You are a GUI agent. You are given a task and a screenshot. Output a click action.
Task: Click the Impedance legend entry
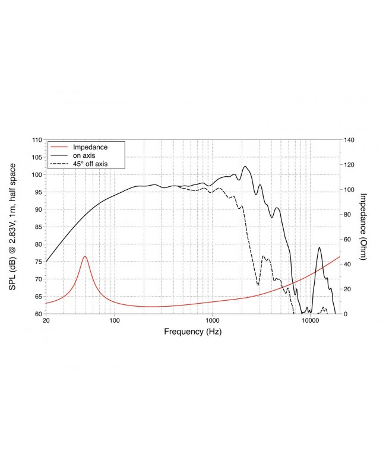point(89,147)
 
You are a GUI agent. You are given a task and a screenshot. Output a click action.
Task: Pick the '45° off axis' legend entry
point(90,163)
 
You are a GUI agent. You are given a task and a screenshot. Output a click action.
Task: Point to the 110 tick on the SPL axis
point(37,140)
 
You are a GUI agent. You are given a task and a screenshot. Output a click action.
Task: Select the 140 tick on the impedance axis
point(350,140)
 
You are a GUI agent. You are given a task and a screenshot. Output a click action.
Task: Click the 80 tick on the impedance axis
point(348,215)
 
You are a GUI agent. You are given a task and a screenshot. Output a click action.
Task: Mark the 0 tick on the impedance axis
point(346,314)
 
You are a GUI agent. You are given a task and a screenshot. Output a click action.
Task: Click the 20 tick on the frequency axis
point(46,322)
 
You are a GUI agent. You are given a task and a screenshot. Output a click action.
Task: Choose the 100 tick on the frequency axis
point(115,322)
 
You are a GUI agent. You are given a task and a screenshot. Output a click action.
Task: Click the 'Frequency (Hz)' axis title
point(192,332)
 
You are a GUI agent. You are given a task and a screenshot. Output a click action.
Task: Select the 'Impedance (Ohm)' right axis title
point(364,227)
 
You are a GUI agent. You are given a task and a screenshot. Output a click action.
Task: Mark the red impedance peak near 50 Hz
point(85,256)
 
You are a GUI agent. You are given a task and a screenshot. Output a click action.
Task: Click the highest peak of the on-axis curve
point(245,166)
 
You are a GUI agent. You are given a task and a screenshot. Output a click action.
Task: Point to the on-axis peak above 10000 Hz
point(319,247)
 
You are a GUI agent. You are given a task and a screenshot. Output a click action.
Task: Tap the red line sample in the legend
point(59,147)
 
